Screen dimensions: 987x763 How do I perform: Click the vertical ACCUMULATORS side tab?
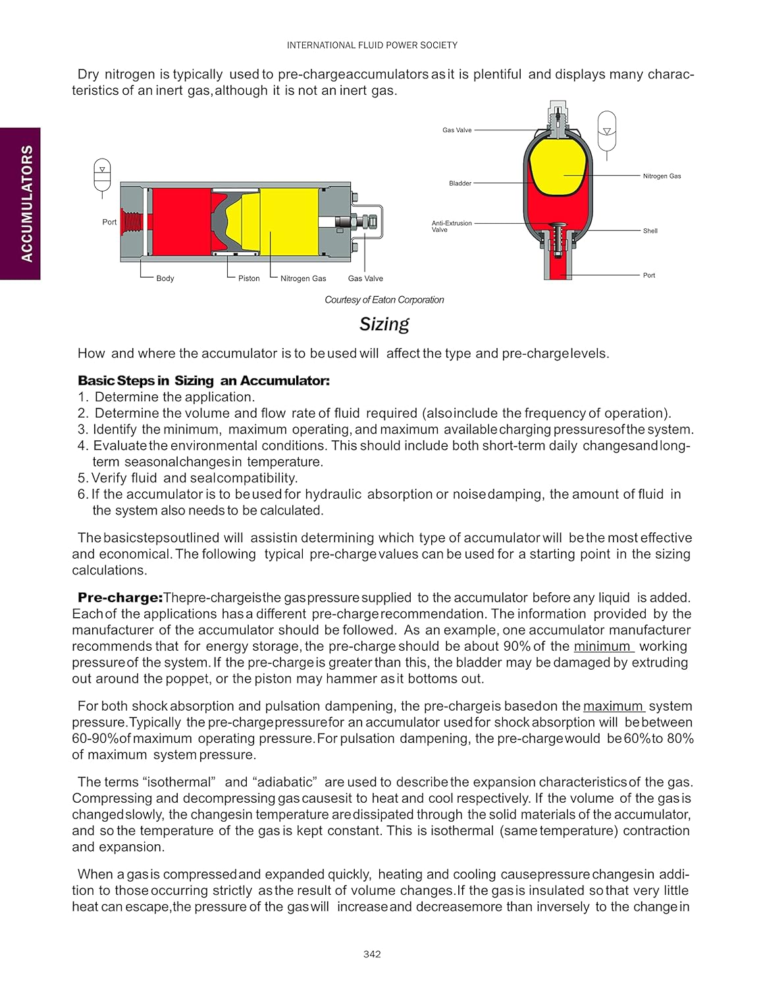point(26,203)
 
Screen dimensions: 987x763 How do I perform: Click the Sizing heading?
point(384,324)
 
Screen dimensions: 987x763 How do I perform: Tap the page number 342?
point(372,954)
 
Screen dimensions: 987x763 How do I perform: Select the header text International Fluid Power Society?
point(372,45)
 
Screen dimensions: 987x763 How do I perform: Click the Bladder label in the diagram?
point(460,184)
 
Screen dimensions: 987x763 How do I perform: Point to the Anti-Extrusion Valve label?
point(452,226)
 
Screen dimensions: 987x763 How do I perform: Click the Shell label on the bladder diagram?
point(650,231)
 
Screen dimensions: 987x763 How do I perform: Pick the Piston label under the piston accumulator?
point(249,278)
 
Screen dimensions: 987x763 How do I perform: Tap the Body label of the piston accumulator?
point(165,278)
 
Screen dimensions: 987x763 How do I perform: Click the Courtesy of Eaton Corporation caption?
point(384,300)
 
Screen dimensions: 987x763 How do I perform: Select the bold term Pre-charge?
point(120,597)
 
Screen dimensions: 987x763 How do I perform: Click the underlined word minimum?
point(602,646)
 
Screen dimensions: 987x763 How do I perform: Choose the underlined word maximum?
point(613,706)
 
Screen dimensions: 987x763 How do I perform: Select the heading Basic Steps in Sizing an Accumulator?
point(203,380)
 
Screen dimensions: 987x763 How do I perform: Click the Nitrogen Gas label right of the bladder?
point(662,176)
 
